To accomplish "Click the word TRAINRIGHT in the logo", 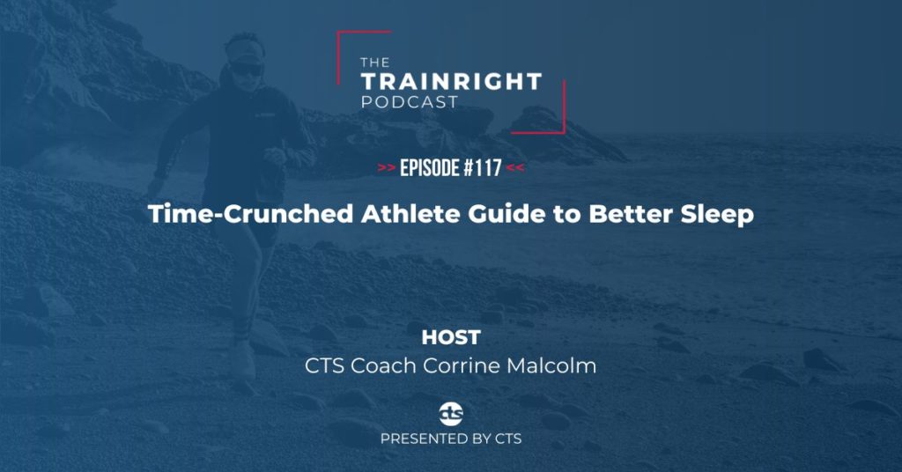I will [450, 82].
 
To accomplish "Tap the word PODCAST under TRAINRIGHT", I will [410, 102].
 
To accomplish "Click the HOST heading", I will [450, 337].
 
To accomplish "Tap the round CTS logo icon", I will [450, 411].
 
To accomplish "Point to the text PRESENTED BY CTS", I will [450, 438].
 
